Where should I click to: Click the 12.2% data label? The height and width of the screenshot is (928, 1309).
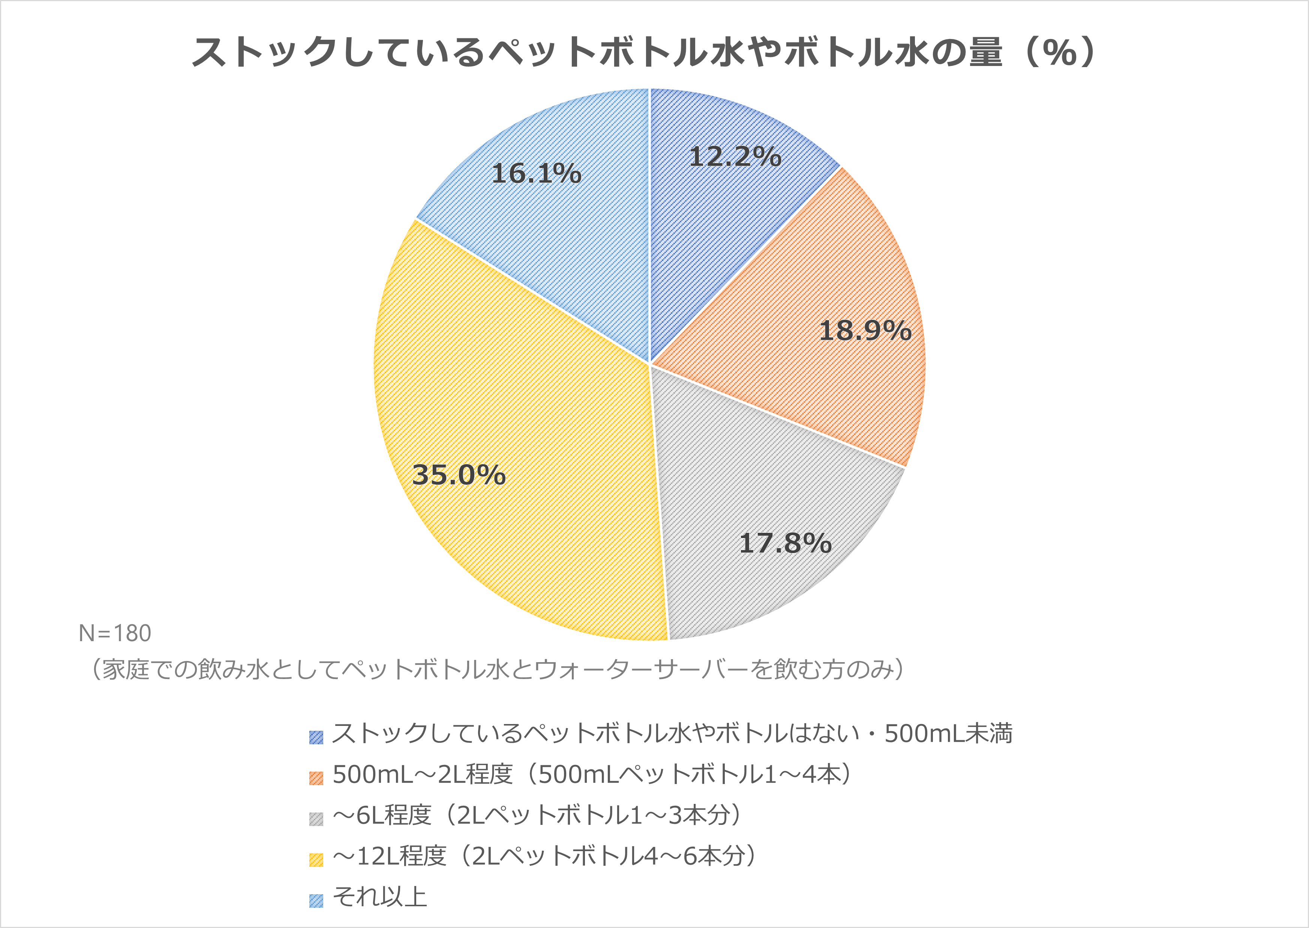click(735, 157)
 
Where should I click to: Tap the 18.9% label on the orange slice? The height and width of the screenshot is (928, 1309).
click(865, 331)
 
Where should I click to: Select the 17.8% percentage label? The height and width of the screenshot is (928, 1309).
click(785, 543)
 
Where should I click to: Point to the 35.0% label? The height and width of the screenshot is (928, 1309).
click(459, 475)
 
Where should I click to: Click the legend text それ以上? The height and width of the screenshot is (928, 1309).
click(380, 897)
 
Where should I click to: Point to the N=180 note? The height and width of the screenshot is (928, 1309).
click(115, 633)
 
